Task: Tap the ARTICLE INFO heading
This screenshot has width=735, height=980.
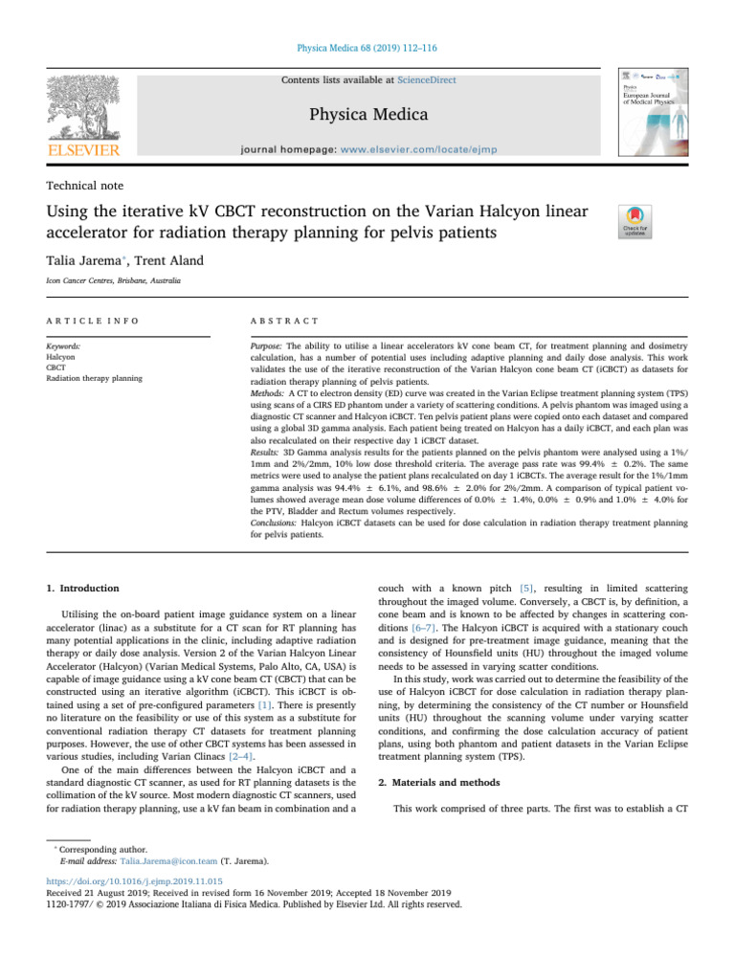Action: point(81,320)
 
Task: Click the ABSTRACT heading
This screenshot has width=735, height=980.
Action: point(272,320)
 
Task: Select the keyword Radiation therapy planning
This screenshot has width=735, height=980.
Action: point(94,379)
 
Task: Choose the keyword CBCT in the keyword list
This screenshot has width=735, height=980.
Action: point(56,367)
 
